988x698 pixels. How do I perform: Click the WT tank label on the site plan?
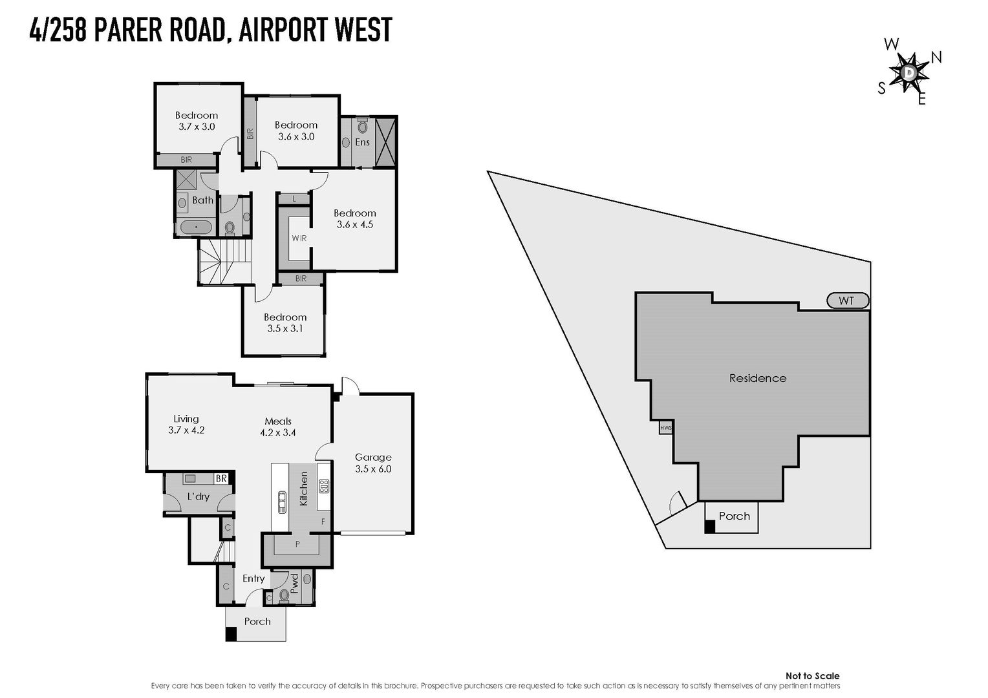(x=847, y=301)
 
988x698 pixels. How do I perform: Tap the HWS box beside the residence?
(x=665, y=428)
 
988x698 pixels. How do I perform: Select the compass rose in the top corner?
(x=909, y=73)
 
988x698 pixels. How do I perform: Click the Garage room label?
(x=373, y=458)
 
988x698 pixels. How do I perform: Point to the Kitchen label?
(x=304, y=488)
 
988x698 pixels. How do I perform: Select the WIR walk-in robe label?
(x=299, y=238)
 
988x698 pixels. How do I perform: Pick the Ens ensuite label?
(x=362, y=142)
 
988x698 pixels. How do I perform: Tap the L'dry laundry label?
(x=199, y=496)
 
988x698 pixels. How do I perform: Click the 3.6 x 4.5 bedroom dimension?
(x=355, y=225)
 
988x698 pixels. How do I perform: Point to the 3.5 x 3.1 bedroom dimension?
(x=285, y=328)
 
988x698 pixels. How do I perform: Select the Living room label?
(x=186, y=419)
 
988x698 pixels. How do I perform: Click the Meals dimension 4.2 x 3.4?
(x=278, y=433)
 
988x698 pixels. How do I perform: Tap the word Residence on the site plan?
(x=758, y=378)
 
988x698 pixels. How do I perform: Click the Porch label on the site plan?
(x=735, y=516)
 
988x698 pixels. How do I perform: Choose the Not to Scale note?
(x=812, y=676)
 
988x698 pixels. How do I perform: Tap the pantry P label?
(x=297, y=544)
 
